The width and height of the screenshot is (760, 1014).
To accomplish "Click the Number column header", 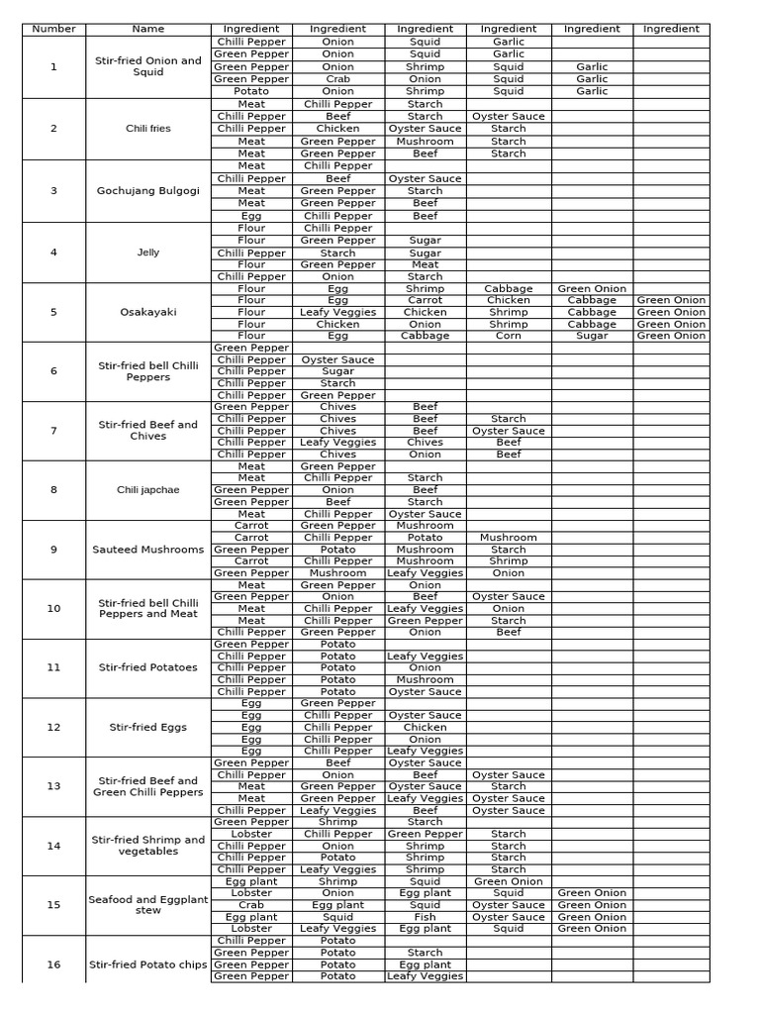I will pyautogui.click(x=53, y=30).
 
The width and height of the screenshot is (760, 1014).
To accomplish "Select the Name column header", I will pyautogui.click(x=148, y=30).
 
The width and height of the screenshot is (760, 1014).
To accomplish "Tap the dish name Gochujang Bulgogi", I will pyautogui.click(x=148, y=191).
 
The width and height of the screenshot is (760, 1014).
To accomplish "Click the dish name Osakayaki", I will pyautogui.click(x=148, y=312).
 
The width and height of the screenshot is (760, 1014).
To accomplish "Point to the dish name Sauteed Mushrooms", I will pyautogui.click(x=148, y=550).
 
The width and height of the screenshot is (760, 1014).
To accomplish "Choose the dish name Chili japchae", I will pyautogui.click(x=148, y=490).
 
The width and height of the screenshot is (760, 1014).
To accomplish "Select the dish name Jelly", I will pyautogui.click(x=148, y=253).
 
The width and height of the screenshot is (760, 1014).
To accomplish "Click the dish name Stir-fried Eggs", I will pyautogui.click(x=148, y=727).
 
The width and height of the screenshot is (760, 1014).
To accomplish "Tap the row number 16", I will pyautogui.click(x=53, y=963).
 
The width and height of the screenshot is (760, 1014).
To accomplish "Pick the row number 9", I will pyautogui.click(x=53, y=550).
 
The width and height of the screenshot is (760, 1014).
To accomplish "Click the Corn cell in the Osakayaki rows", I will pyautogui.click(x=508, y=336).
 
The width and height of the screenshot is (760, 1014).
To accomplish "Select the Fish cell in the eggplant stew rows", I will pyautogui.click(x=425, y=917).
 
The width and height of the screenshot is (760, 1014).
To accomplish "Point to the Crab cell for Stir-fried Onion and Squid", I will pyautogui.click(x=337, y=79).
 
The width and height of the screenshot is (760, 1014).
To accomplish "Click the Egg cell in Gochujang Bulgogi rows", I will pyautogui.click(x=251, y=216).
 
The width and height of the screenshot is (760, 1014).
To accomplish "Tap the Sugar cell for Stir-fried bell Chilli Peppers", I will pyautogui.click(x=337, y=371).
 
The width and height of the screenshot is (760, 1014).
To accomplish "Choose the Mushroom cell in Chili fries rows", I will pyautogui.click(x=425, y=142).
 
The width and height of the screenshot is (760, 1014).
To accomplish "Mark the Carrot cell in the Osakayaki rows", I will pyautogui.click(x=425, y=300).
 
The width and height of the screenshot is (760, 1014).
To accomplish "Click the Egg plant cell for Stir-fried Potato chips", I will pyautogui.click(x=425, y=964).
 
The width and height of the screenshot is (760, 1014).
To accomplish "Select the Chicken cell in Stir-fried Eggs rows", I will pyautogui.click(x=425, y=727).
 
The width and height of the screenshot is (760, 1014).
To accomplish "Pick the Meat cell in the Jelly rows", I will pyautogui.click(x=425, y=264).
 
